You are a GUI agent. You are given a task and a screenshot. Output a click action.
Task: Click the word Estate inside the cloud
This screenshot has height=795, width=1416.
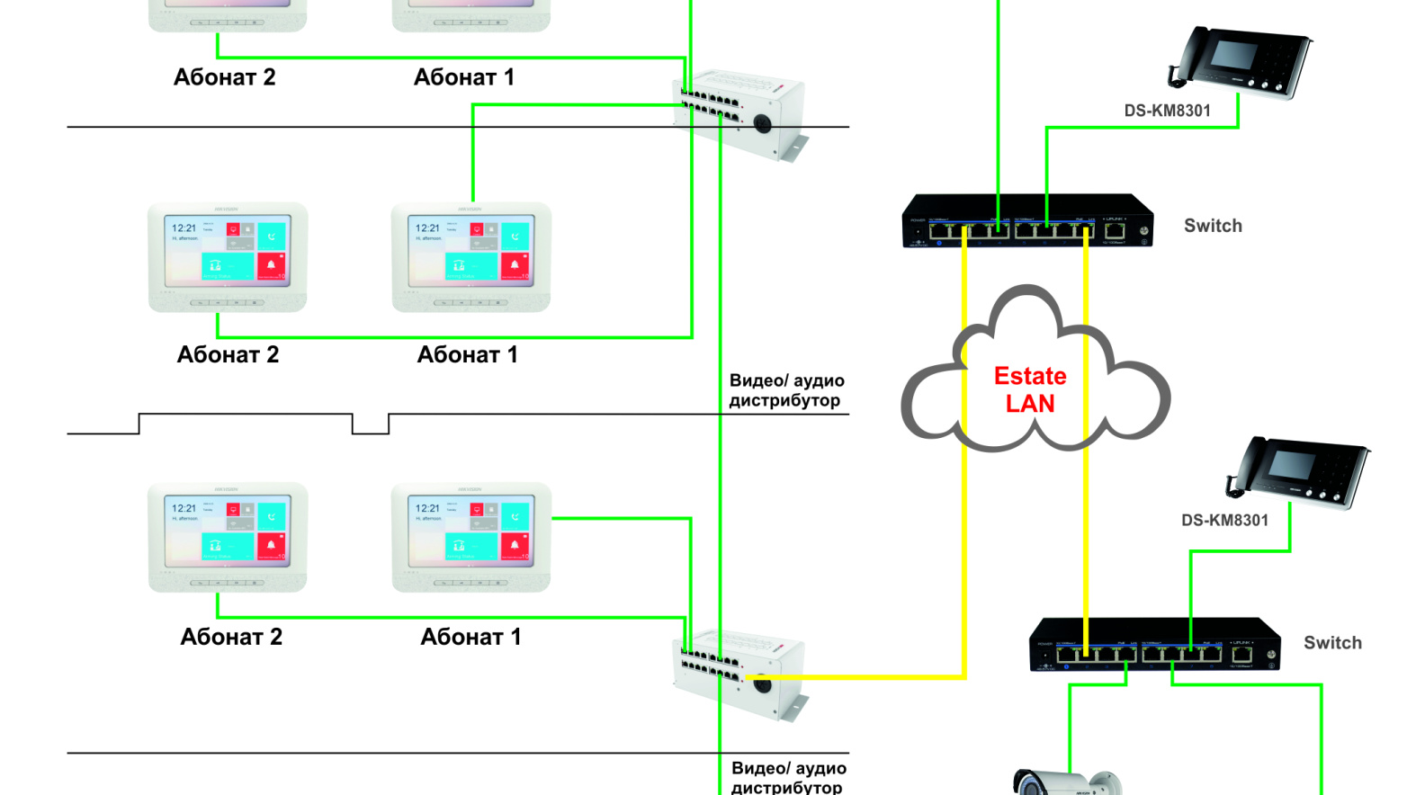tap(1029, 376)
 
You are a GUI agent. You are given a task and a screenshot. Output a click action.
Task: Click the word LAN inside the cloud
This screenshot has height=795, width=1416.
tap(1029, 404)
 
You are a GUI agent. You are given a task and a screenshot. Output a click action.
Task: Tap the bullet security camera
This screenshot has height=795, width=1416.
tap(1067, 782)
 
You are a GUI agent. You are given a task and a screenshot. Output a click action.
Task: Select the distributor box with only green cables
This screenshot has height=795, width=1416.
tap(738, 112)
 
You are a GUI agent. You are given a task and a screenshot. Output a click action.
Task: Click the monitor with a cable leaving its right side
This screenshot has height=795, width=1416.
tap(471, 537)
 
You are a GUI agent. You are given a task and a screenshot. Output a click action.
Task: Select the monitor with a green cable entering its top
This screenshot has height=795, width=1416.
tap(471, 257)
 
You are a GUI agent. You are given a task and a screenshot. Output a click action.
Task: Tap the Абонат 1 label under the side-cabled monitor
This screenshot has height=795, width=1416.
tap(471, 637)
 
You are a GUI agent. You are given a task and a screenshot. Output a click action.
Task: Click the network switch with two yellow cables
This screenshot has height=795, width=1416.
tap(1026, 221)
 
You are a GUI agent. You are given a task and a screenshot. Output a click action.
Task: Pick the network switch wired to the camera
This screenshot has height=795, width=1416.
tap(1154, 645)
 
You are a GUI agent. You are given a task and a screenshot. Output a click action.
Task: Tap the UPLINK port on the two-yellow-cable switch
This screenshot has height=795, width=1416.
tap(1115, 232)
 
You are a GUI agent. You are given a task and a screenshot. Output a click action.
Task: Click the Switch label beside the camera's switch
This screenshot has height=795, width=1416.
tap(1332, 643)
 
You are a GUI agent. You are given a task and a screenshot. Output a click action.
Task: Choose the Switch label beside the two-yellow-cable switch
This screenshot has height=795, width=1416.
tap(1213, 226)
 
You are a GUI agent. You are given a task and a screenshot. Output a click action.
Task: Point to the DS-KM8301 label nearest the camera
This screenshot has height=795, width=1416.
tap(1224, 520)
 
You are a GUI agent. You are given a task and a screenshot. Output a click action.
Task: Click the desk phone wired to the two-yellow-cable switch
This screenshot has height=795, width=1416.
tap(1241, 63)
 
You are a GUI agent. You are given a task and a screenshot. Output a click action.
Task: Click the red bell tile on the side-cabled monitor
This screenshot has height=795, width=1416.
tap(515, 545)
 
